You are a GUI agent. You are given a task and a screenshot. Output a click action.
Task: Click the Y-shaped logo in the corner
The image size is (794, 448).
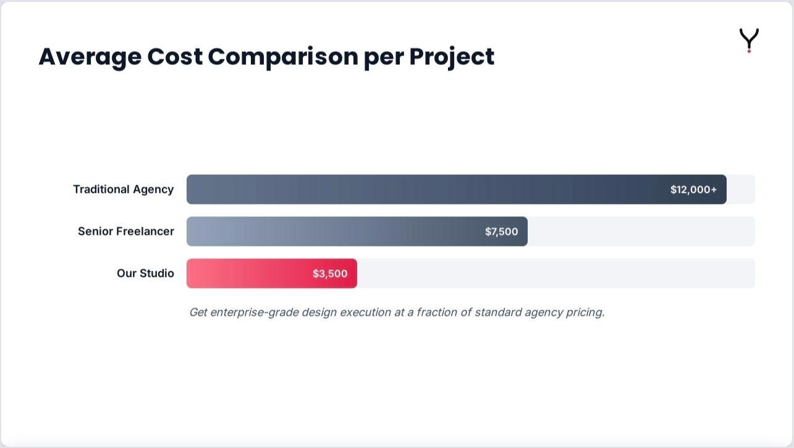click(x=749, y=40)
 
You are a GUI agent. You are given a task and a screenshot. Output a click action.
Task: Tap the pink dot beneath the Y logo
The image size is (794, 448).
click(x=749, y=51)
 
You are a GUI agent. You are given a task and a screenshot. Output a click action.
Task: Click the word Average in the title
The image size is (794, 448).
click(x=90, y=57)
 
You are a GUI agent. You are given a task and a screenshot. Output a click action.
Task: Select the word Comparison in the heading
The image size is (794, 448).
click(x=283, y=57)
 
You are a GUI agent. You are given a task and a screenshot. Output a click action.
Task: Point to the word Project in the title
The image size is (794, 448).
click(x=452, y=57)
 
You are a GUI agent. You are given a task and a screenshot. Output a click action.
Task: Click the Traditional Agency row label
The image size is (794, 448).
click(x=124, y=189)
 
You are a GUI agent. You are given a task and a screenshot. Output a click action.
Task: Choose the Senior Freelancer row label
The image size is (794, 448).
click(x=126, y=231)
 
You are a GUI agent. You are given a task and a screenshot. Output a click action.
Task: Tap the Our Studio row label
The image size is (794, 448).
click(x=145, y=273)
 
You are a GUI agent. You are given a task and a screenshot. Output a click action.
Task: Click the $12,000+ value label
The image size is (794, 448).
click(x=693, y=190)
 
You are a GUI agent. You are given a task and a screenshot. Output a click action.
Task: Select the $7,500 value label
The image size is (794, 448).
click(x=501, y=232)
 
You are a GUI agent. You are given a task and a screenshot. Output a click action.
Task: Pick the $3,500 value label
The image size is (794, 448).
click(x=330, y=274)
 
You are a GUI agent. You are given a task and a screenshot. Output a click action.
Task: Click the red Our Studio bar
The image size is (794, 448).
click(x=272, y=273)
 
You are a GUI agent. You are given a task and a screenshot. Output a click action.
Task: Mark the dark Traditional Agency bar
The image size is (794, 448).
click(x=457, y=189)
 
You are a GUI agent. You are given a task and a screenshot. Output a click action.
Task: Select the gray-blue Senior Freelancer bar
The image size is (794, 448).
click(x=357, y=232)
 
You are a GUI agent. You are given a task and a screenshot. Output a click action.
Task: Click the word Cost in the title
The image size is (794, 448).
click(x=175, y=57)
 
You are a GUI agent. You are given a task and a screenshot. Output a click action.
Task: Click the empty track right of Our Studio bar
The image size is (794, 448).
click(x=556, y=273)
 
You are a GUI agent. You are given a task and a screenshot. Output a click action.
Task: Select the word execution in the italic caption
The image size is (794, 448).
click(x=365, y=312)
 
